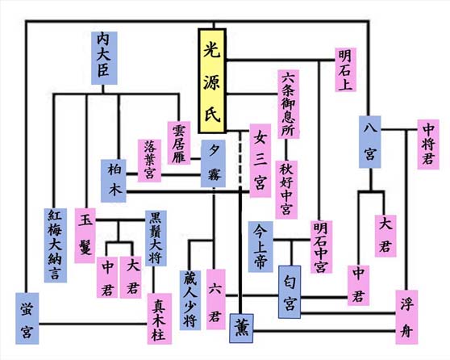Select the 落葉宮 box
150,160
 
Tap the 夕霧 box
215,163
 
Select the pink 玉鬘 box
87,230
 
